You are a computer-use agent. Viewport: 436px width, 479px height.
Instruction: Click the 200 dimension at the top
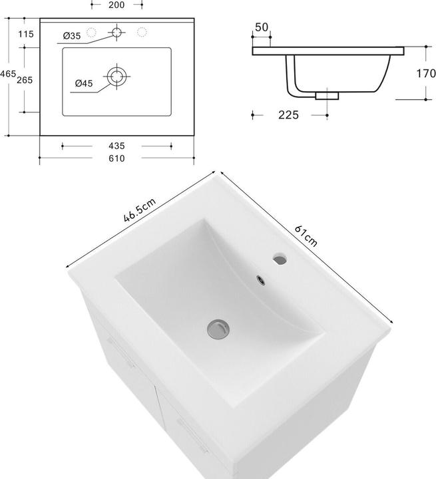pyautogui.click(x=116, y=4)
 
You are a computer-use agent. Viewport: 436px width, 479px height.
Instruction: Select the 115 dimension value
pyautogui.click(x=26, y=34)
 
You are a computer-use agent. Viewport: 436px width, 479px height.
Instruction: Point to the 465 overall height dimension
pyautogui.click(x=7, y=74)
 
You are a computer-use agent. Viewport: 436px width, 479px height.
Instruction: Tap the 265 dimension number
pyautogui.click(x=25, y=80)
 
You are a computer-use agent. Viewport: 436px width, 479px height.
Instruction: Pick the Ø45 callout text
pyautogui.click(x=84, y=83)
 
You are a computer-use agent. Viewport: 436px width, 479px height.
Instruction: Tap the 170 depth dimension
pyautogui.click(x=426, y=73)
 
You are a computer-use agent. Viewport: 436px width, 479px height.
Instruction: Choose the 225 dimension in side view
pyautogui.click(x=288, y=115)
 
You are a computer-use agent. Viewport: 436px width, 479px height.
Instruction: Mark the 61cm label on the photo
pyautogui.click(x=306, y=236)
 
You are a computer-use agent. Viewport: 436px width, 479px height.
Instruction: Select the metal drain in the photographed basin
pyautogui.click(x=216, y=327)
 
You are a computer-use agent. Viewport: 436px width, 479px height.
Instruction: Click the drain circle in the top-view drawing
pyautogui.click(x=117, y=76)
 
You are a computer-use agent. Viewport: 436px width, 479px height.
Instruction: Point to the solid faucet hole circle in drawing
pyautogui.click(x=117, y=32)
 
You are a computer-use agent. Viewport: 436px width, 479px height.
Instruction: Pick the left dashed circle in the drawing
pyautogui.click(x=93, y=32)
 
